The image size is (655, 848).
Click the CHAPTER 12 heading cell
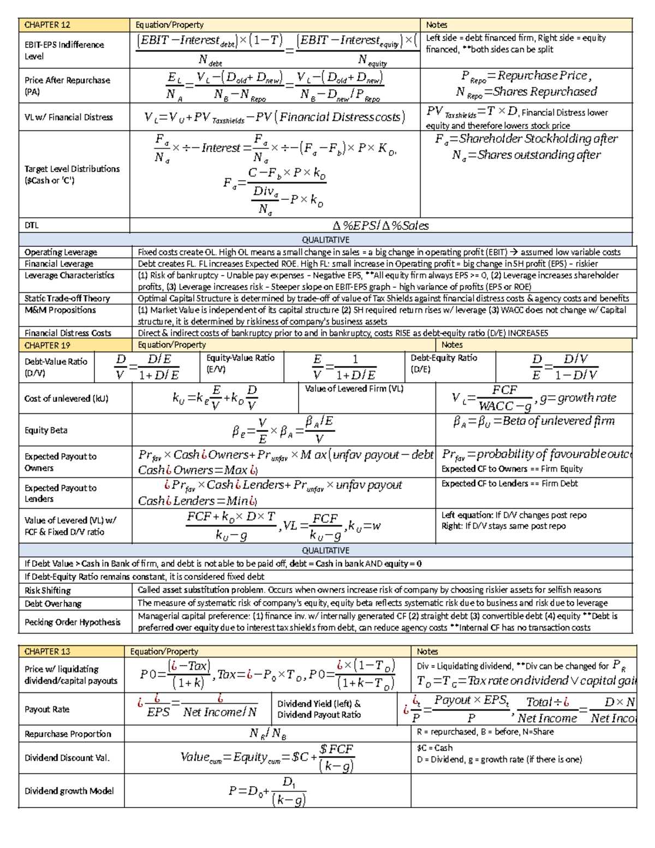point(47,25)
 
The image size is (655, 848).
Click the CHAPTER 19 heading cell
point(47,345)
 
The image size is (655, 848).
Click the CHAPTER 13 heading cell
point(47,651)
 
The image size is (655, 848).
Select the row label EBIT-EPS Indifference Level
point(64,50)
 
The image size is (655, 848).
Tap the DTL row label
point(32,225)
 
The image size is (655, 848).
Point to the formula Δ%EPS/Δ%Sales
point(380,226)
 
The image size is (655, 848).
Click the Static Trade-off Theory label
point(67,298)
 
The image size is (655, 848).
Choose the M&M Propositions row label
point(60,310)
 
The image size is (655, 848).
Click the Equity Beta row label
point(46,430)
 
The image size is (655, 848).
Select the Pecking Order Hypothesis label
point(72,622)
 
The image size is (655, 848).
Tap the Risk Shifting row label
point(47,590)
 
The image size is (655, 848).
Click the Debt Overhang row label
point(53,603)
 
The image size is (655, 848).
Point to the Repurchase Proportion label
point(68,734)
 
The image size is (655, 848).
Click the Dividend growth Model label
point(69,791)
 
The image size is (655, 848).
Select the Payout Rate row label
point(47,709)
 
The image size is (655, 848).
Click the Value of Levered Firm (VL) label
point(354,389)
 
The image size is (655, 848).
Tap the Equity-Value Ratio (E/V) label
point(240,363)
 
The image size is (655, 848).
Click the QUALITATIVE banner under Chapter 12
point(326,240)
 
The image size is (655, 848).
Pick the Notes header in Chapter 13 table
point(427,651)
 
